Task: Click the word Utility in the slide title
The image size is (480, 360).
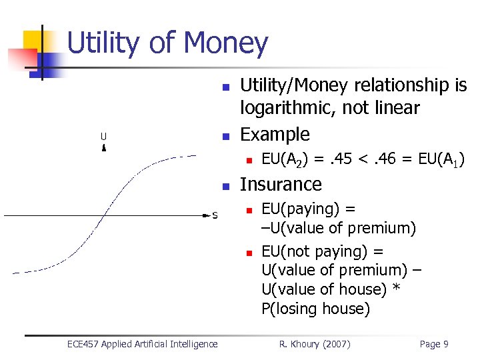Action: (103, 43)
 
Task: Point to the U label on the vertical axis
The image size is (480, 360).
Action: (103, 137)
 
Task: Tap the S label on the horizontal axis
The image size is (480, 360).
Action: (215, 215)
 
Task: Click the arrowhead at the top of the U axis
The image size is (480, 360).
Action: (103, 148)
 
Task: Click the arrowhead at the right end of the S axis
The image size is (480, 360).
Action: (205, 215)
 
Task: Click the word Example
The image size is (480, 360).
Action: (275, 134)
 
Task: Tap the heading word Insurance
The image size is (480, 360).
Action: (281, 184)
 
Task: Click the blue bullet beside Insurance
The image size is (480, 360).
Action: (225, 186)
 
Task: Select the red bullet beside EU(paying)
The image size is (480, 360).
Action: (247, 211)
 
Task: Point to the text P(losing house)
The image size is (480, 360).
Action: (315, 309)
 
